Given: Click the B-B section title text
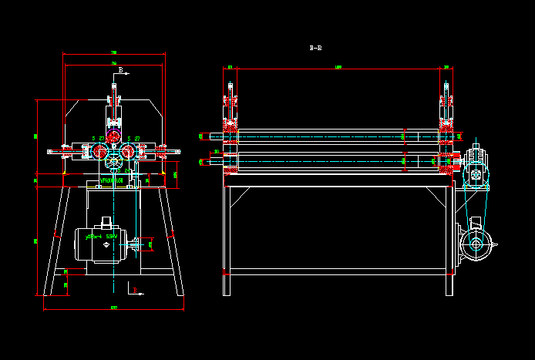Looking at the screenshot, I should click(x=315, y=48).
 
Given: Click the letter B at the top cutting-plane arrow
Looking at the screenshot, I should click(x=120, y=69).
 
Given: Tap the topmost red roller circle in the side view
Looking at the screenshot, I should click(x=113, y=137).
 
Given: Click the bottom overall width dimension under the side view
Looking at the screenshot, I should click(x=114, y=308).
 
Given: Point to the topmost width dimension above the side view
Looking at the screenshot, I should click(x=114, y=54).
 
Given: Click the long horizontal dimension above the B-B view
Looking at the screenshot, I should click(x=339, y=69).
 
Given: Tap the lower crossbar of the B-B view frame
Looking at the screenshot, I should click(x=338, y=272).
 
